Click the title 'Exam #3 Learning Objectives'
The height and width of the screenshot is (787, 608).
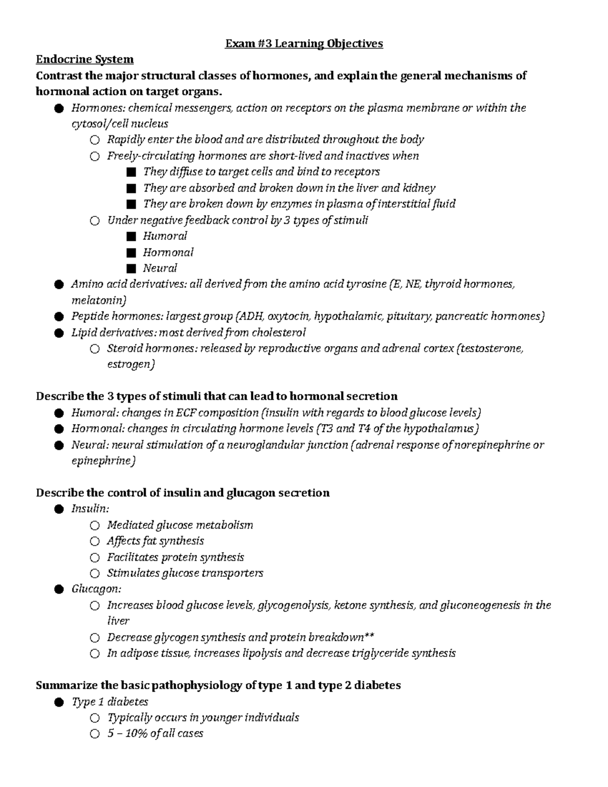304,44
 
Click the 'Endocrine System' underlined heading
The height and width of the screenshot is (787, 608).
85,60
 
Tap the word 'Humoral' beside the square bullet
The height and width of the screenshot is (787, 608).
165,236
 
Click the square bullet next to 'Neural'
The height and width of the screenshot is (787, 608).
132,268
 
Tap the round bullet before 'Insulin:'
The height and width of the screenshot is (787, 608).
59,509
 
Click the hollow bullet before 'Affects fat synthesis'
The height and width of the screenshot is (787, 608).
95,541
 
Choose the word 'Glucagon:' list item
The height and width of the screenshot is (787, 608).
96,589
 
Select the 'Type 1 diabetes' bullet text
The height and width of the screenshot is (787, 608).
110,702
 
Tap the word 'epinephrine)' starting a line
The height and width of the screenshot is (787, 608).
103,461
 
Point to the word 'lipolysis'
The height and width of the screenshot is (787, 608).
259,653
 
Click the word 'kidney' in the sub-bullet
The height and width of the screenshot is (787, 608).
419,188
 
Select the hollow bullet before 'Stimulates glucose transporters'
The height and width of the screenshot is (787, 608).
95,573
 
